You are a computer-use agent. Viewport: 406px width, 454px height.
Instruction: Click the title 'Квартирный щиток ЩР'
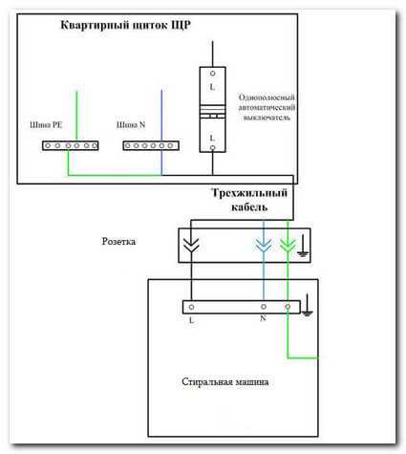point(126,25)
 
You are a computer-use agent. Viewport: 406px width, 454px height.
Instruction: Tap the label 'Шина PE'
point(46,125)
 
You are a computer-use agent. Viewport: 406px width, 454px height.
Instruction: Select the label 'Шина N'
point(131,125)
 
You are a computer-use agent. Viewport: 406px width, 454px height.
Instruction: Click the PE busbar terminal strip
point(71,145)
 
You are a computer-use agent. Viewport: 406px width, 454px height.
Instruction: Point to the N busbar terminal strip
point(151,145)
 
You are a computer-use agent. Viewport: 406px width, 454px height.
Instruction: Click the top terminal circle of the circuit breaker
point(212,74)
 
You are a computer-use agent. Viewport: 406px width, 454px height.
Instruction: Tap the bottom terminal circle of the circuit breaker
point(212,147)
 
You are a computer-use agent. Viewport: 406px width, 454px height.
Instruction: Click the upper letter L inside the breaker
point(212,87)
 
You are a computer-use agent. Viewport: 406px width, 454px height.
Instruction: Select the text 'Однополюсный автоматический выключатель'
point(267,107)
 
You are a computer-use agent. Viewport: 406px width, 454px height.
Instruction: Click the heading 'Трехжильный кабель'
point(249,200)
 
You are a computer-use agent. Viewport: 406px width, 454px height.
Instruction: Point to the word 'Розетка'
point(118,242)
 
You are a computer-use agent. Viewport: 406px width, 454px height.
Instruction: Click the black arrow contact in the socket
point(192,245)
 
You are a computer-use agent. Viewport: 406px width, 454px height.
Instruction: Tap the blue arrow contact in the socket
point(264,245)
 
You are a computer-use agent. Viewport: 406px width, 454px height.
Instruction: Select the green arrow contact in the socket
point(288,245)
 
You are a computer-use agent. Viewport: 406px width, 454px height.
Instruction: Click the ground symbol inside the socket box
point(303,247)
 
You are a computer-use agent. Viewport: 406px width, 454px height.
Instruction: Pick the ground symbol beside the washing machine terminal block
point(307,305)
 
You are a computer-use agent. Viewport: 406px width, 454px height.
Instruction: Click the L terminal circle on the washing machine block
point(191,307)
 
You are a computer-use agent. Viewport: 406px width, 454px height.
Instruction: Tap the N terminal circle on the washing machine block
point(264,307)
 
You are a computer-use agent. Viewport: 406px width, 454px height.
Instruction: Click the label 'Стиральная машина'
point(225,381)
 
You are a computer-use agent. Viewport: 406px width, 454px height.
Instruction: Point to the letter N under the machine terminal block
point(263,318)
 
